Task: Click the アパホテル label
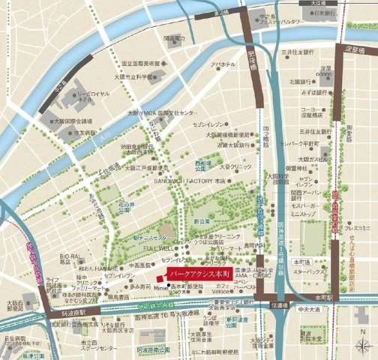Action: [223, 65]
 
